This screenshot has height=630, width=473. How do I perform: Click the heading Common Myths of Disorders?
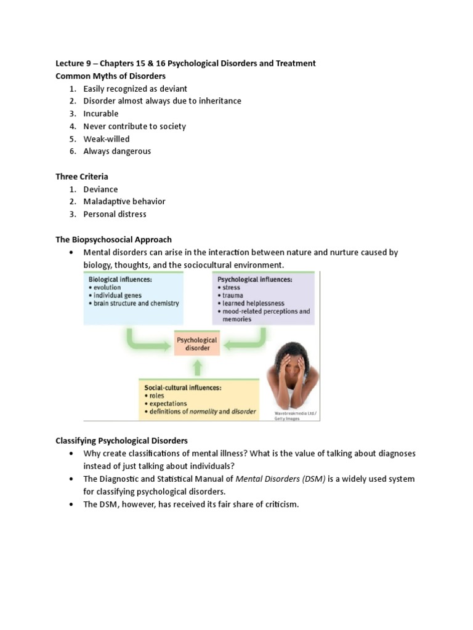[110, 76]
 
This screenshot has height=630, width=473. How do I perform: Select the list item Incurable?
[101, 114]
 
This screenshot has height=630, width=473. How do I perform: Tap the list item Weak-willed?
[107, 139]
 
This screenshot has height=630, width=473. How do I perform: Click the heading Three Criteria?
[82, 177]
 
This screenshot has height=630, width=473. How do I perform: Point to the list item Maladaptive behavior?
[124, 202]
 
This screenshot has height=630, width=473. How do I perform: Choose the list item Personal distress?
[115, 214]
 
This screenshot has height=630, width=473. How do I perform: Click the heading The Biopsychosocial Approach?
[113, 239]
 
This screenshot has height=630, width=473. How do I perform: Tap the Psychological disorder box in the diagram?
[197, 344]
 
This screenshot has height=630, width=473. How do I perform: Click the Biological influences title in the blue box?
[120, 279]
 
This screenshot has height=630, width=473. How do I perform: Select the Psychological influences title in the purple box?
[254, 279]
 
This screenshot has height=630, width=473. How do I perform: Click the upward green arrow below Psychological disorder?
[197, 368]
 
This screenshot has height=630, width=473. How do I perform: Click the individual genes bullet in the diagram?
[117, 295]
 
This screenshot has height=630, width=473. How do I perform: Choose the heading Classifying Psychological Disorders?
[121, 441]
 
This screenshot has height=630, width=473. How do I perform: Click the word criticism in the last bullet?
[281, 504]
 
